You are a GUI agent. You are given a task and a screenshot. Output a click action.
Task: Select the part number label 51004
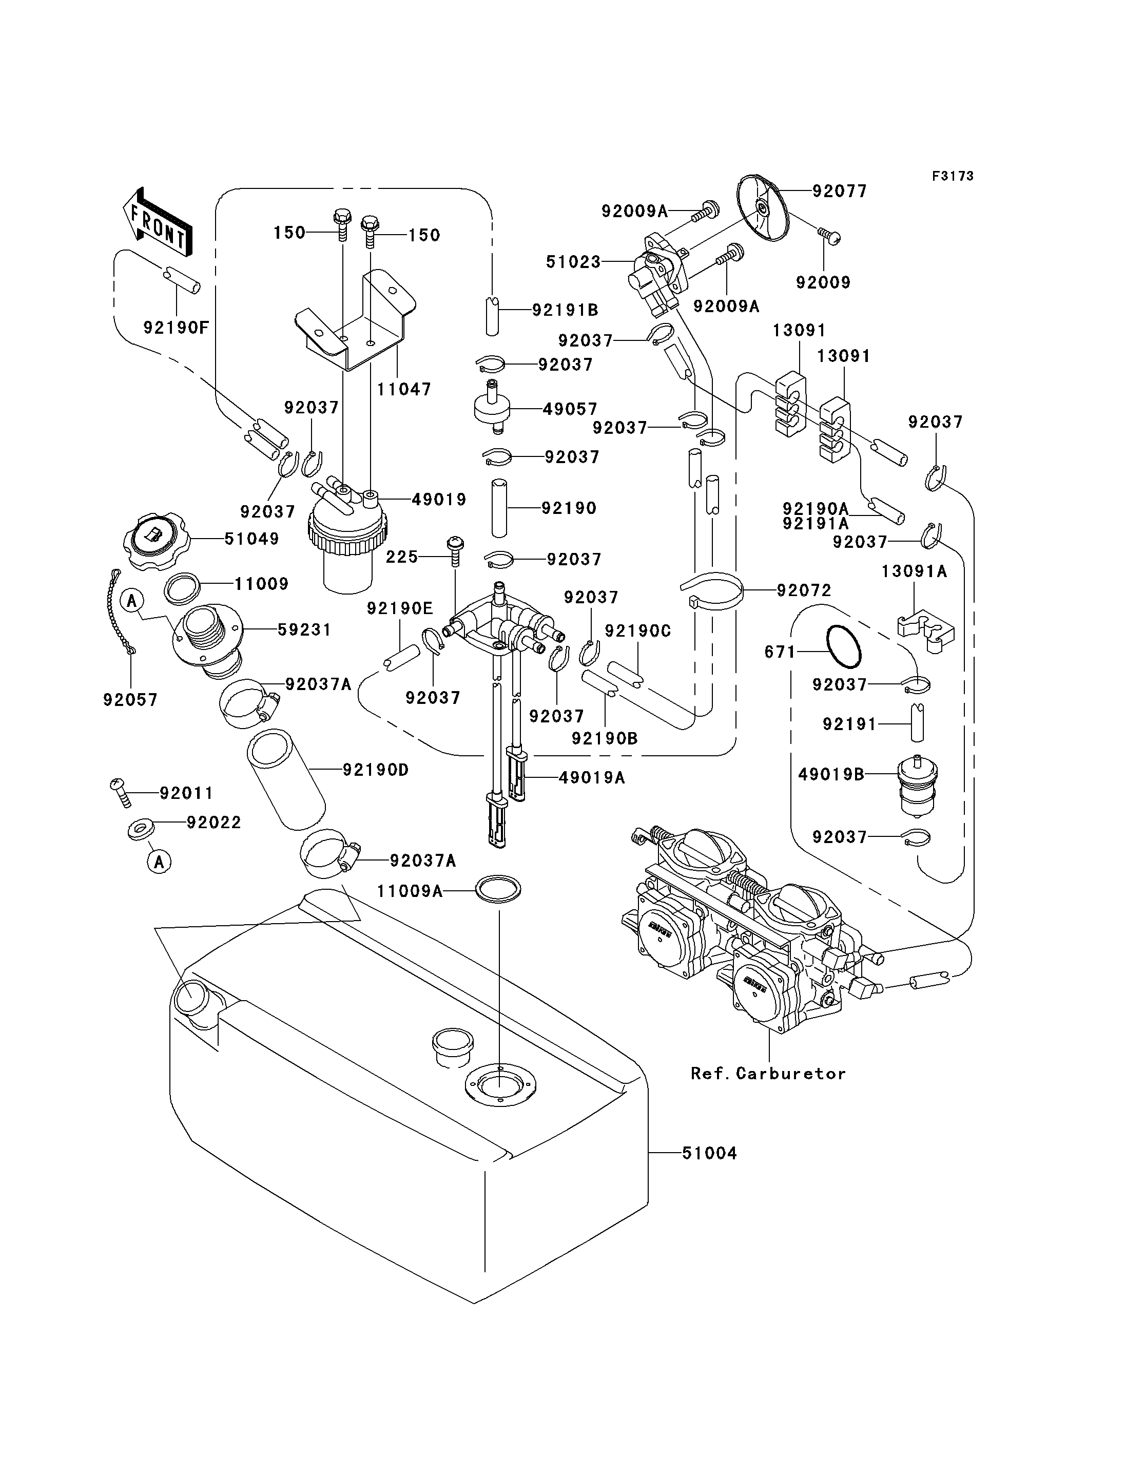click(x=709, y=1153)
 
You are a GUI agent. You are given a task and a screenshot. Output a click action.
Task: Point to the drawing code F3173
click(x=953, y=176)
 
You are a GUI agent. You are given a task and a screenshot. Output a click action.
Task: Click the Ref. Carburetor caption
click(x=768, y=1074)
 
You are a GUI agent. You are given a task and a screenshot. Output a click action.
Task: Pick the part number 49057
click(x=570, y=409)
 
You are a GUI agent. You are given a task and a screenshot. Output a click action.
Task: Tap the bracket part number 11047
click(x=404, y=389)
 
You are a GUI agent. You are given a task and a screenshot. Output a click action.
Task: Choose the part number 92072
click(x=804, y=590)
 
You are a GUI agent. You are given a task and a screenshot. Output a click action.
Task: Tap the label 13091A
click(x=914, y=571)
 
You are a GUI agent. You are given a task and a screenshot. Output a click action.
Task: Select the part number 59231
click(x=305, y=630)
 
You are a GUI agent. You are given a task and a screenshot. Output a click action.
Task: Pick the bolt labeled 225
click(x=455, y=551)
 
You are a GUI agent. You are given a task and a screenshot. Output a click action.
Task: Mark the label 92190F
click(x=176, y=328)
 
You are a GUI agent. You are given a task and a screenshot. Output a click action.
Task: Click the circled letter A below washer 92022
click(x=159, y=862)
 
